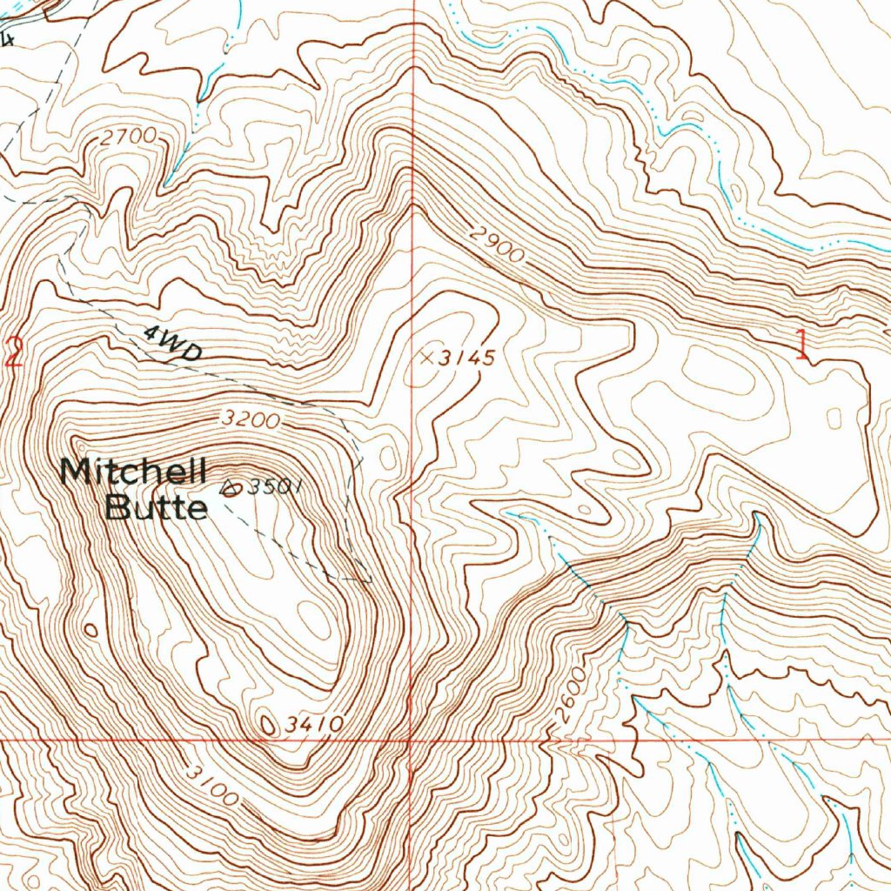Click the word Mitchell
click(133, 472)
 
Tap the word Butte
click(157, 506)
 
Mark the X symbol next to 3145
click(426, 356)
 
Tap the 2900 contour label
click(499, 245)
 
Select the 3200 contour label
click(251, 420)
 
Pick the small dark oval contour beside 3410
click(269, 724)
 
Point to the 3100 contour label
click(211, 783)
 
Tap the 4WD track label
click(171, 343)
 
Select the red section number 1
click(801, 345)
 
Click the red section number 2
click(12, 353)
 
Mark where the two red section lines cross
click(410, 740)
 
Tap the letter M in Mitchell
click(75, 472)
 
